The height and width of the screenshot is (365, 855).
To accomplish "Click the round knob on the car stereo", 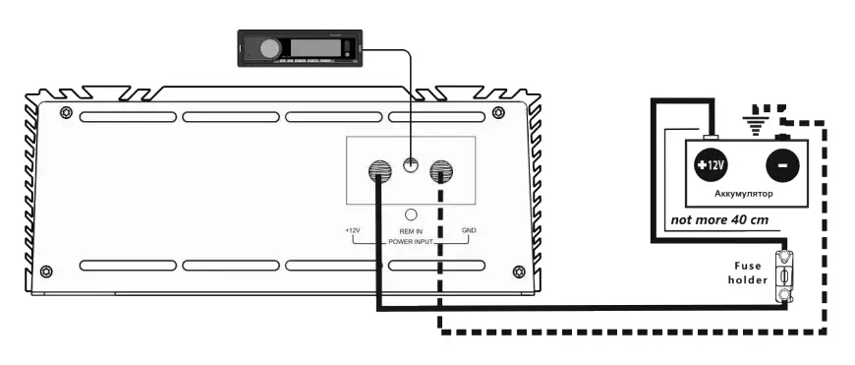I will [267, 47].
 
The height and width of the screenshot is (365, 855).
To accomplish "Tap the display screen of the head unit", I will [313, 45].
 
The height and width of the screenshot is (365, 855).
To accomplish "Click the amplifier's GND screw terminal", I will [441, 171].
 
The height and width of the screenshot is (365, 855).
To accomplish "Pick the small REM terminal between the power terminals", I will [411, 168].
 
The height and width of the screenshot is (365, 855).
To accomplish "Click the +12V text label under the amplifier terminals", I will [354, 231].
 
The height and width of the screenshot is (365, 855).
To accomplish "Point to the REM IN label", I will [411, 231].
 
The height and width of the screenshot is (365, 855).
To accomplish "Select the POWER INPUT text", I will [411, 240].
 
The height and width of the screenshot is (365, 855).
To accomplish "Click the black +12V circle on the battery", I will [711, 165].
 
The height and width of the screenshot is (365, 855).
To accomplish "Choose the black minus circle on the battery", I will [781, 165].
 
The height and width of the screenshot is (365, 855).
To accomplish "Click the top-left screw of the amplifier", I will [66, 110].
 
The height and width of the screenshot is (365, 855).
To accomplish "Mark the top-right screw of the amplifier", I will [498, 110].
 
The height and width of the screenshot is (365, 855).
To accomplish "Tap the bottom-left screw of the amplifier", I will [66, 273].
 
